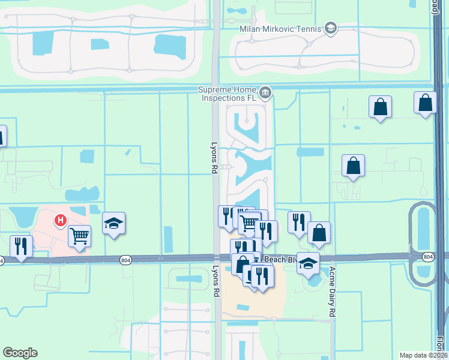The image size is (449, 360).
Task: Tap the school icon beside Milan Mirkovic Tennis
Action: click(330, 28)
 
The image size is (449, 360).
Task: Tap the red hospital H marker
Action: click(60, 221)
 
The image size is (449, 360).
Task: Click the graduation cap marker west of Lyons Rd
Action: click(113, 223)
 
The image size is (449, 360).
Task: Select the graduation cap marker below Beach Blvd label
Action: click(308, 263)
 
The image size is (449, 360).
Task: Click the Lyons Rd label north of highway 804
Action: click(214, 158)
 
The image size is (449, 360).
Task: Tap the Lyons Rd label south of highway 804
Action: click(215, 281)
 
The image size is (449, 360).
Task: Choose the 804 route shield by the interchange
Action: click(427, 257)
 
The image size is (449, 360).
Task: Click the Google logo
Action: click(20, 353)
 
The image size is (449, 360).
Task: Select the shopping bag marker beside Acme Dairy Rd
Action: click(319, 232)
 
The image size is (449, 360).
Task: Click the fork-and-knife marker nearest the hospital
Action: click(21, 246)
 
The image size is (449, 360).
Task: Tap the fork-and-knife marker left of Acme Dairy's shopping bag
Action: click(299, 222)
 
